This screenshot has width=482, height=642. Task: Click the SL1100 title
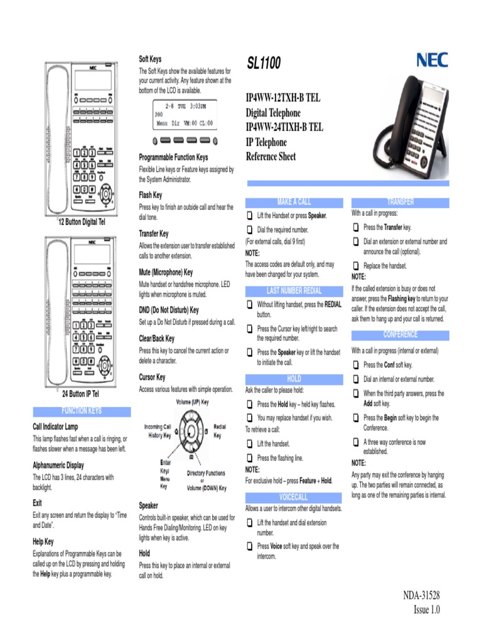(263, 63)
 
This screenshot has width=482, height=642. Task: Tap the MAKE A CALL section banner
(294, 202)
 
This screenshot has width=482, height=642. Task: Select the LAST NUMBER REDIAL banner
(294, 291)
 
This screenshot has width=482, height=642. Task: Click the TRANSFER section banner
(400, 202)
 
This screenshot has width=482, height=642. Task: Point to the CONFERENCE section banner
(400, 335)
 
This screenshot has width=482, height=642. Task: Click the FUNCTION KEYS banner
(82, 411)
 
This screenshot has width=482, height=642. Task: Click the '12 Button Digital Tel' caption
(82, 223)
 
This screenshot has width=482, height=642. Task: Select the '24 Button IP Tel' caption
(80, 394)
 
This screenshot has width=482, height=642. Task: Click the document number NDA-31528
(421, 596)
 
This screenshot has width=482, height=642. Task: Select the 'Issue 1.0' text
(427, 610)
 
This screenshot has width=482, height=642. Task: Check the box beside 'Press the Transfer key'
(356, 227)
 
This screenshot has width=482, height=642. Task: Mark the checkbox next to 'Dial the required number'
(249, 229)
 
